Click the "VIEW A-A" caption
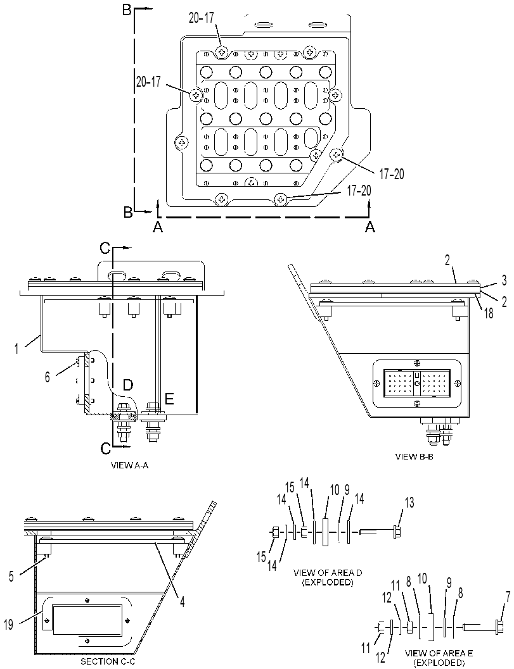click(x=129, y=465)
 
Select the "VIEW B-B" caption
click(x=415, y=456)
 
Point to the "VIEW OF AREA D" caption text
click(x=328, y=572)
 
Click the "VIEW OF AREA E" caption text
click(x=439, y=653)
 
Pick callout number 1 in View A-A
click(x=17, y=348)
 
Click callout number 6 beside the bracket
click(x=47, y=377)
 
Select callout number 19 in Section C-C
click(x=8, y=624)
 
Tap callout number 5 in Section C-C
click(x=11, y=576)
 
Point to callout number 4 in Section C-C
click(x=182, y=601)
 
